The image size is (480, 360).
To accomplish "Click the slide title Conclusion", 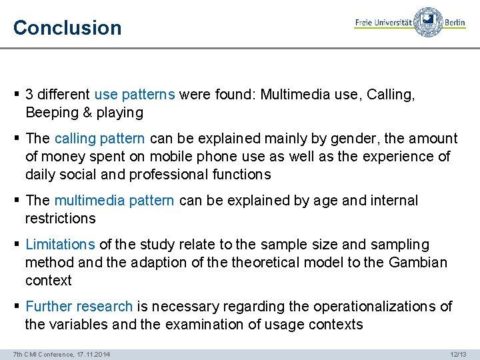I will [x=67, y=28].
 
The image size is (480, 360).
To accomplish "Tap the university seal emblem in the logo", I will [x=428, y=22].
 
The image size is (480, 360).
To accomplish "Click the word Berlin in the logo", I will [x=454, y=22].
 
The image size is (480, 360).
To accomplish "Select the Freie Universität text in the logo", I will [x=383, y=22].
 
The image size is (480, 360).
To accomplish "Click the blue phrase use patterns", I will [x=135, y=95].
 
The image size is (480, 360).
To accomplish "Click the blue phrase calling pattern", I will [x=99, y=139].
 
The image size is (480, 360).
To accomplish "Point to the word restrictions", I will [x=61, y=219].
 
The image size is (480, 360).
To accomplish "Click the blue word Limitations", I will [x=60, y=245].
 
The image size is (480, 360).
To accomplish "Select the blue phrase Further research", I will [x=79, y=307].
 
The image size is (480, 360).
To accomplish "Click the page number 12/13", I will [x=459, y=353].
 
